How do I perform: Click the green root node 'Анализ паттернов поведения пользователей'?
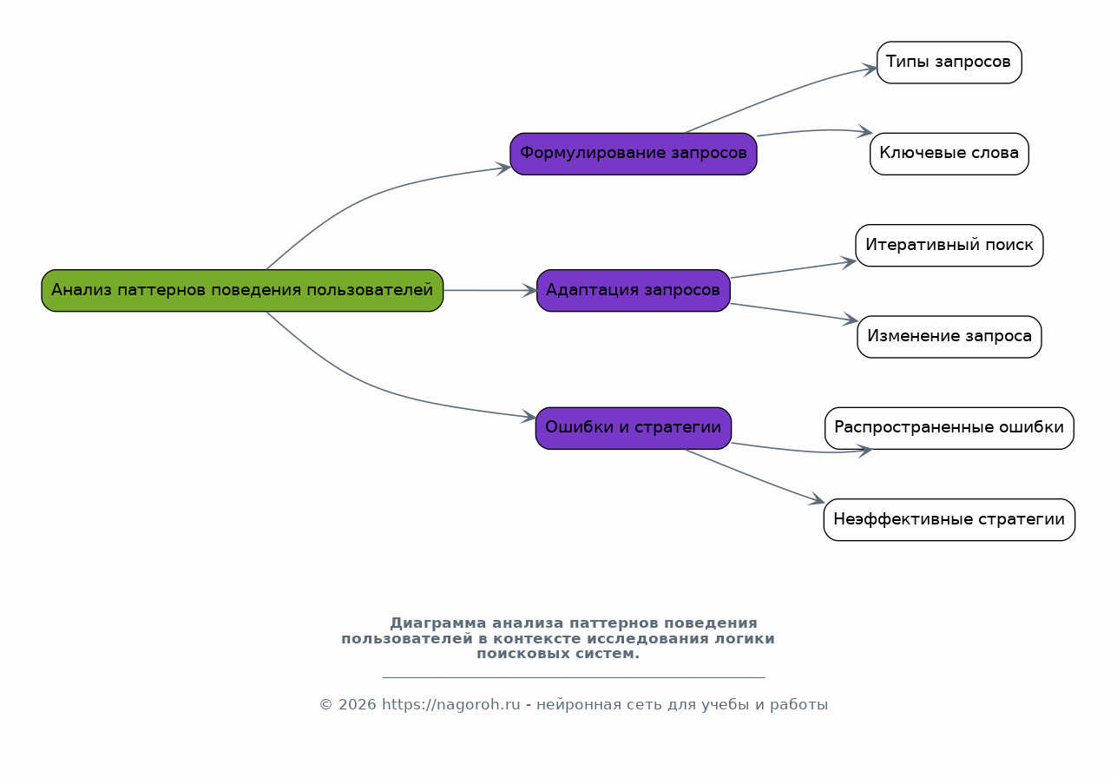pyautogui.click(x=242, y=290)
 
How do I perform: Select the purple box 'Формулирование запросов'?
pyautogui.click(x=634, y=154)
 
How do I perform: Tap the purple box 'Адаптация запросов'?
pyautogui.click(x=634, y=290)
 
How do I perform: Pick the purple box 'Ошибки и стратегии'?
pyautogui.click(x=634, y=428)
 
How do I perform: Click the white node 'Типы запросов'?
pyautogui.click(x=949, y=63)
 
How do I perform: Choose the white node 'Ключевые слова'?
pyautogui.click(x=949, y=154)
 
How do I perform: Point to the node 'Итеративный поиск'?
pyautogui.click(x=949, y=245)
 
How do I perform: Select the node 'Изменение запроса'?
pyautogui.click(x=949, y=337)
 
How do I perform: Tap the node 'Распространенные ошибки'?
pyautogui.click(x=949, y=428)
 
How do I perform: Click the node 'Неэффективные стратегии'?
pyautogui.click(x=949, y=519)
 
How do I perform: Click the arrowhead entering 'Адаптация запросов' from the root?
pyautogui.click(x=530, y=290)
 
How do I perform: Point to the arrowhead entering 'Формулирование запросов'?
pyautogui.click(x=503, y=168)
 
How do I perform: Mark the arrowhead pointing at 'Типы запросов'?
pyautogui.click(x=871, y=69)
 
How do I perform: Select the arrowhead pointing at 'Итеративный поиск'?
pyautogui.click(x=849, y=262)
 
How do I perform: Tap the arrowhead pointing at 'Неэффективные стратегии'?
pyautogui.click(x=818, y=499)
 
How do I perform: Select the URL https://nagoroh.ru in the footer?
pyautogui.click(x=450, y=705)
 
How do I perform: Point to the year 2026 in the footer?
pyautogui.click(x=357, y=705)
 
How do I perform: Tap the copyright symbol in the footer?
pyautogui.click(x=325, y=705)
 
